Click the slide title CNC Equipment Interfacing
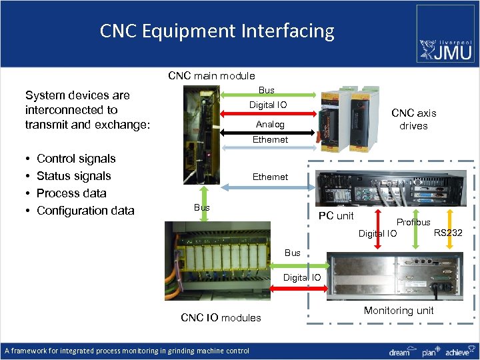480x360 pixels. [217, 31]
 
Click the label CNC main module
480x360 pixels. [211, 75]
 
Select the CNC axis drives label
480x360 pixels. [413, 119]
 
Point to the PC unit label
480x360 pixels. [336, 215]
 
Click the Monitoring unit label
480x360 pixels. [399, 310]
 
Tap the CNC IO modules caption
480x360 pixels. [221, 317]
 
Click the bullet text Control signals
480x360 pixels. [76, 159]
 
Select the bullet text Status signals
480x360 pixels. [73, 176]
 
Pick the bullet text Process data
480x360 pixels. [71, 193]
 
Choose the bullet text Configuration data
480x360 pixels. [85, 211]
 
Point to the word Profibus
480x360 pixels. [413, 222]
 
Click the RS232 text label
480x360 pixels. [448, 233]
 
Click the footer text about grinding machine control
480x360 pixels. [127, 351]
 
